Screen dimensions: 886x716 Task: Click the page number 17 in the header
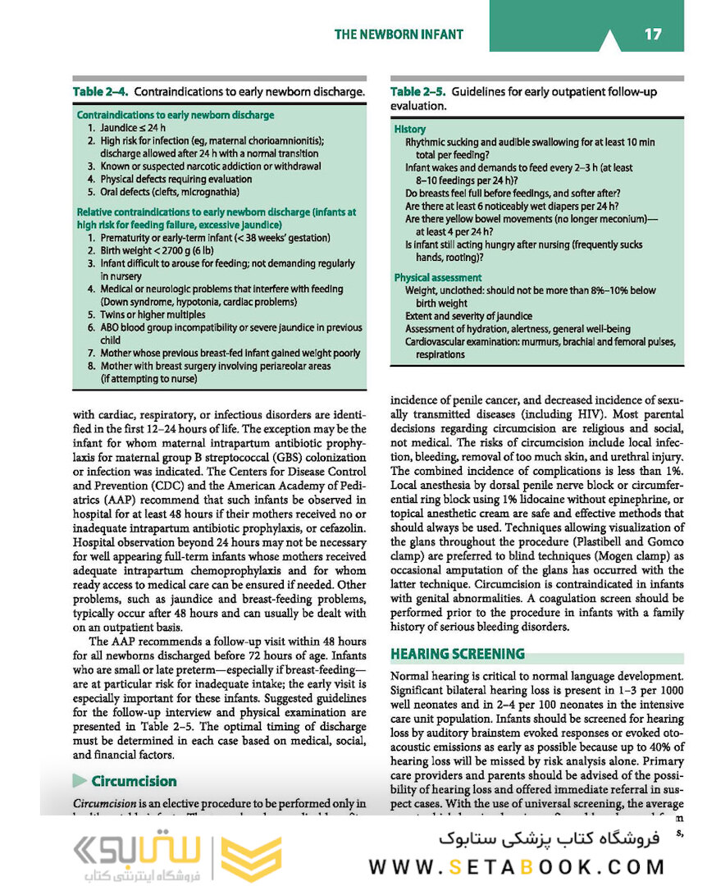click(x=653, y=34)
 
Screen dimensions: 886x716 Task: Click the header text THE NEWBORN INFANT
click(x=399, y=34)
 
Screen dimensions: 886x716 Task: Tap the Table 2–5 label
click(x=418, y=92)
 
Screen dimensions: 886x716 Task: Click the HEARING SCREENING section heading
click(x=457, y=654)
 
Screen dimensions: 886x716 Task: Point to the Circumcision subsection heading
click(x=134, y=781)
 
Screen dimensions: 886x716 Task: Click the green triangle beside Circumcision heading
click(x=80, y=781)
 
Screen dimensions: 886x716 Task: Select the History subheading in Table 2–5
click(x=409, y=129)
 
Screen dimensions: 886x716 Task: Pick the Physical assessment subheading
click(x=437, y=277)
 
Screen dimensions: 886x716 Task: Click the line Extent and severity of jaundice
click(x=468, y=316)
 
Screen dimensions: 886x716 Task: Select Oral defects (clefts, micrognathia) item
click(x=163, y=191)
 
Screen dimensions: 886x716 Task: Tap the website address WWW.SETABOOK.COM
click(x=516, y=866)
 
